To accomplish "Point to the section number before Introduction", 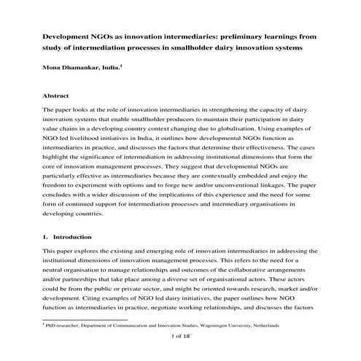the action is pos(45,236).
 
